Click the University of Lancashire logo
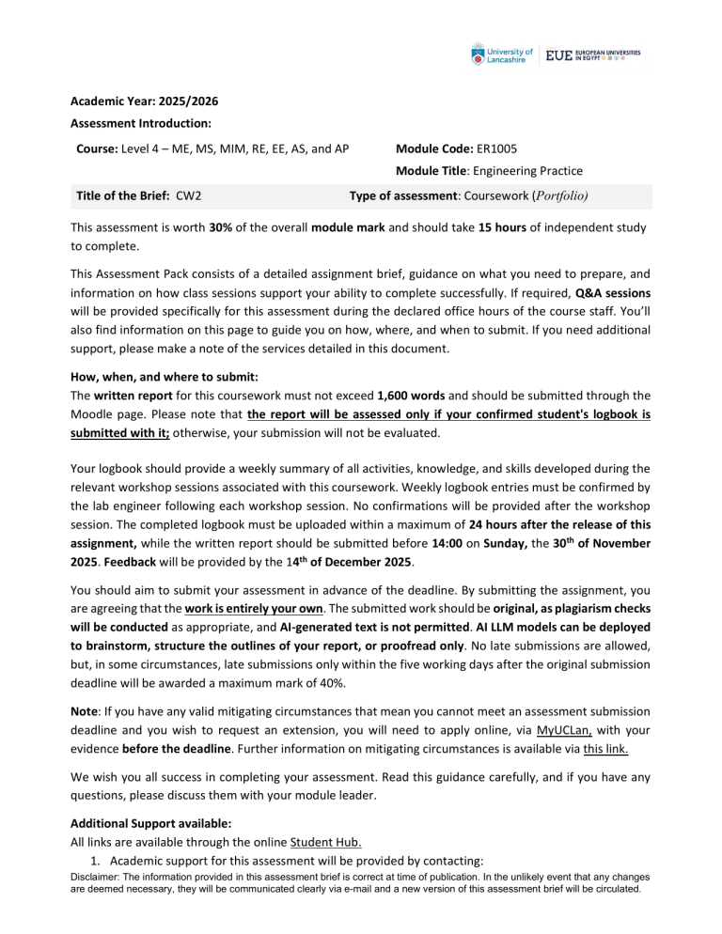pyautogui.click(x=502, y=55)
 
